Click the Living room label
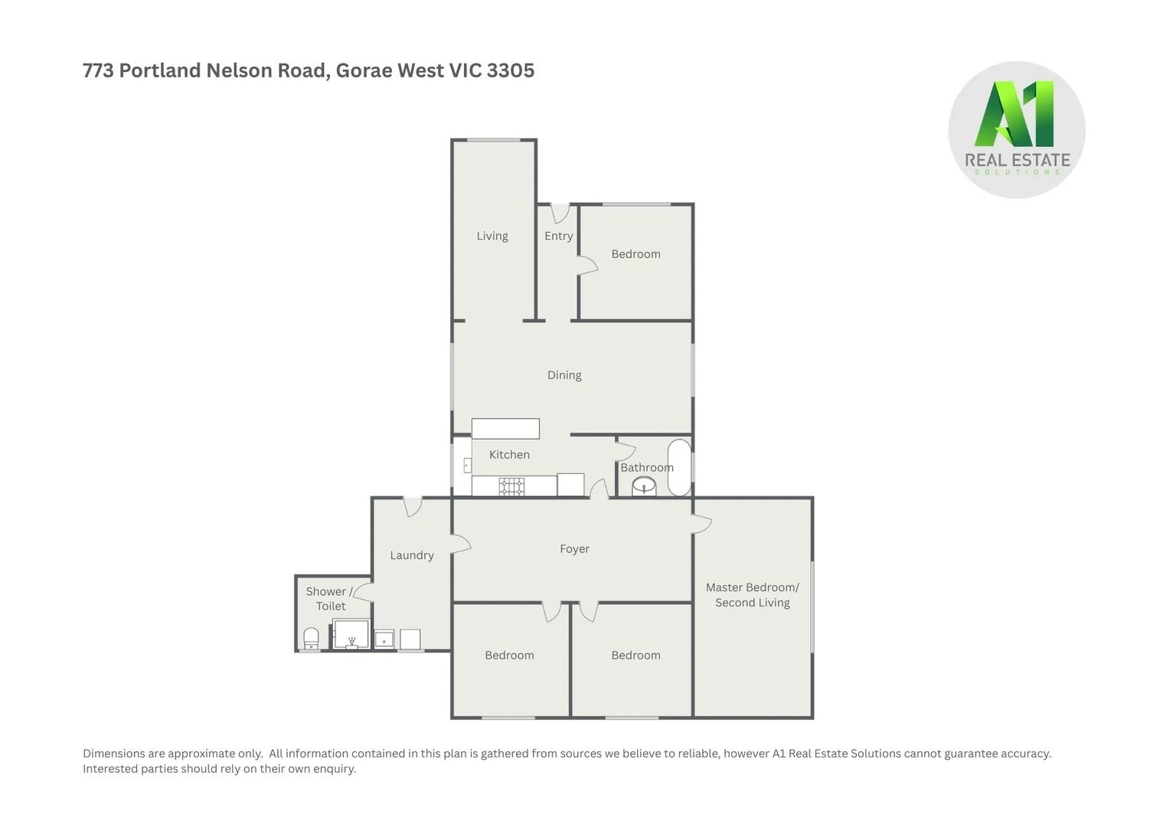pos(492,236)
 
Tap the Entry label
pos(558,236)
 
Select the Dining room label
pos(564,375)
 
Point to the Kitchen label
pos(509,455)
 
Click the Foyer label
pos(574,549)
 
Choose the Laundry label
pos(411,555)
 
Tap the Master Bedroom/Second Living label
pos(752,595)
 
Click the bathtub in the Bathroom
pos(679,467)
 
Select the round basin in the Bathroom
pos(644,485)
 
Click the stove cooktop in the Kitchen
pos(511,486)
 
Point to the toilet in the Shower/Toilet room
pos(311,639)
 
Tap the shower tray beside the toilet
pos(351,635)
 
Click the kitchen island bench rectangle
pos(505,428)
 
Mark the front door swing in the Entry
pos(560,213)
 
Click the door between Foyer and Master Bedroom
pos(701,525)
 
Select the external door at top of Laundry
pos(413,506)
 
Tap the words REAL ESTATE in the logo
pos(1017,160)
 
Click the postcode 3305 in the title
pos(511,70)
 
